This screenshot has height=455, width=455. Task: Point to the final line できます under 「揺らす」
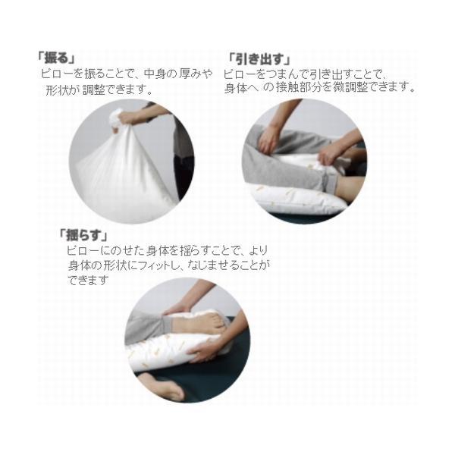point(87,279)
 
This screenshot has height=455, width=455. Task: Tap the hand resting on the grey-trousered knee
point(268,138)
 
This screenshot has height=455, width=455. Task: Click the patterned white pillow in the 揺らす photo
point(171,353)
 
